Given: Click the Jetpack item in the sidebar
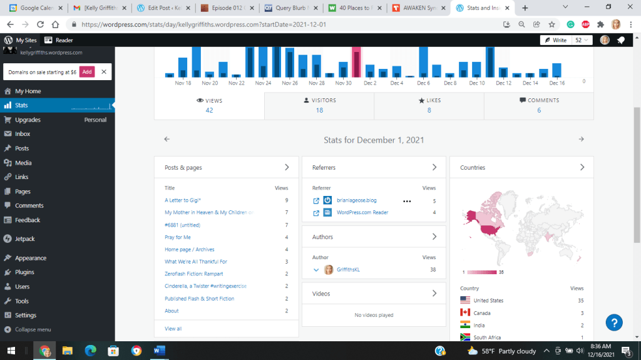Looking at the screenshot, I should point(25,239).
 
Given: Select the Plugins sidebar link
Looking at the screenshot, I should point(24,272).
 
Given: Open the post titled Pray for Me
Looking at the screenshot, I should point(178,237).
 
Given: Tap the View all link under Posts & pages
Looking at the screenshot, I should point(173,328).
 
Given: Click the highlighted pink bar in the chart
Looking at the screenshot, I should point(356,62).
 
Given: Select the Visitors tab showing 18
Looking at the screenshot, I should point(319,105).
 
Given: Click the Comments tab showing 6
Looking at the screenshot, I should point(539,105).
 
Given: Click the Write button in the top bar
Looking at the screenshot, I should point(555,40).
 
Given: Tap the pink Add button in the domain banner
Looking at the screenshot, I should point(87,72).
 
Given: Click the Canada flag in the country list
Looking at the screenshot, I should point(465,313).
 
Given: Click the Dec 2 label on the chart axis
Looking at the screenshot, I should point(370,83).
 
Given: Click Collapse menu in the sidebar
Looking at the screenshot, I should point(33,329).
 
